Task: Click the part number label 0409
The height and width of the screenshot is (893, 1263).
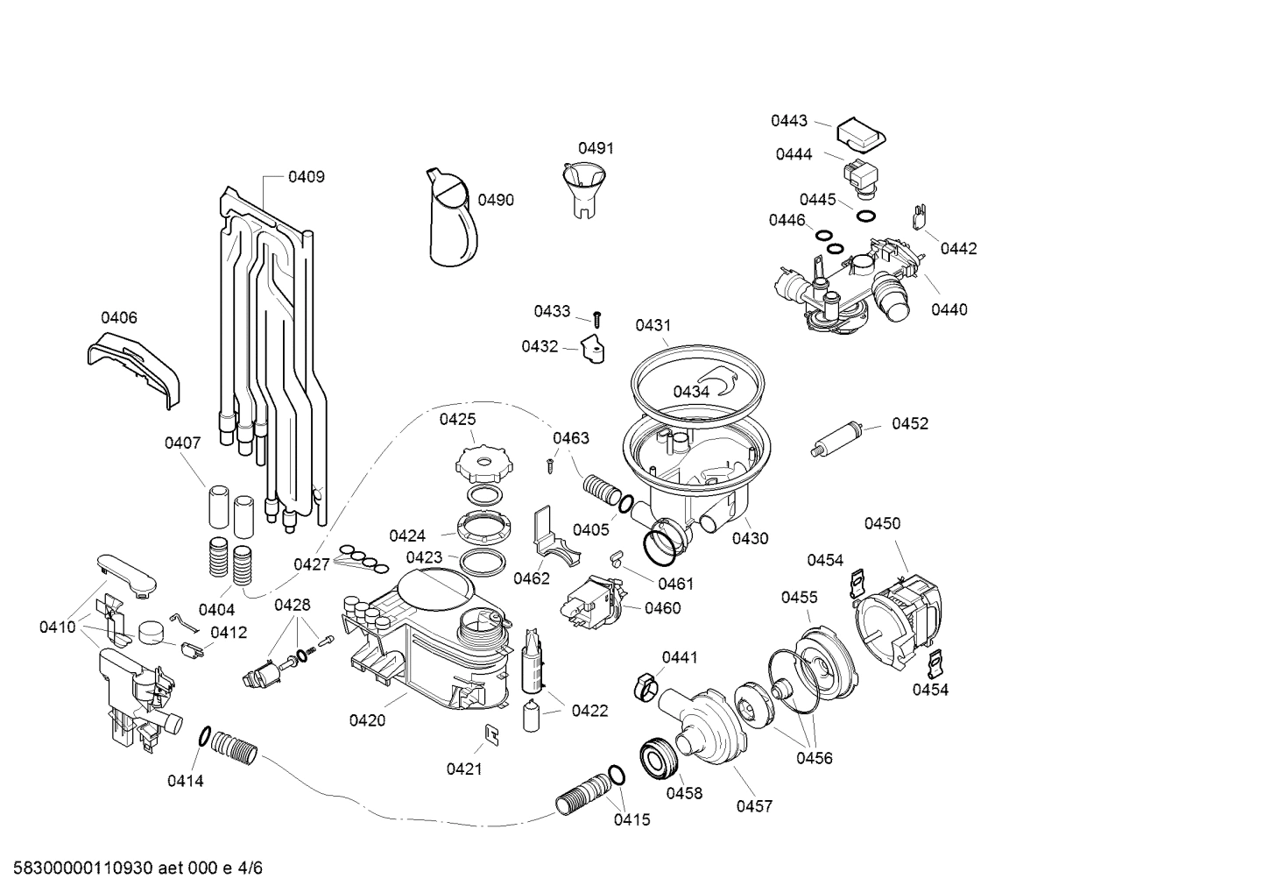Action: (306, 177)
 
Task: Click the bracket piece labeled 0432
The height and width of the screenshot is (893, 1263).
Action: (595, 348)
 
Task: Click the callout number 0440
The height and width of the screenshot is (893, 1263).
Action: (949, 309)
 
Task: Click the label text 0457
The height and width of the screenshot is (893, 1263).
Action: (754, 806)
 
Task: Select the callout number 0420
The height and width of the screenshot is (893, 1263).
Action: (367, 720)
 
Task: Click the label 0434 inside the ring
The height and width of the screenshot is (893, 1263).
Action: (691, 392)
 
